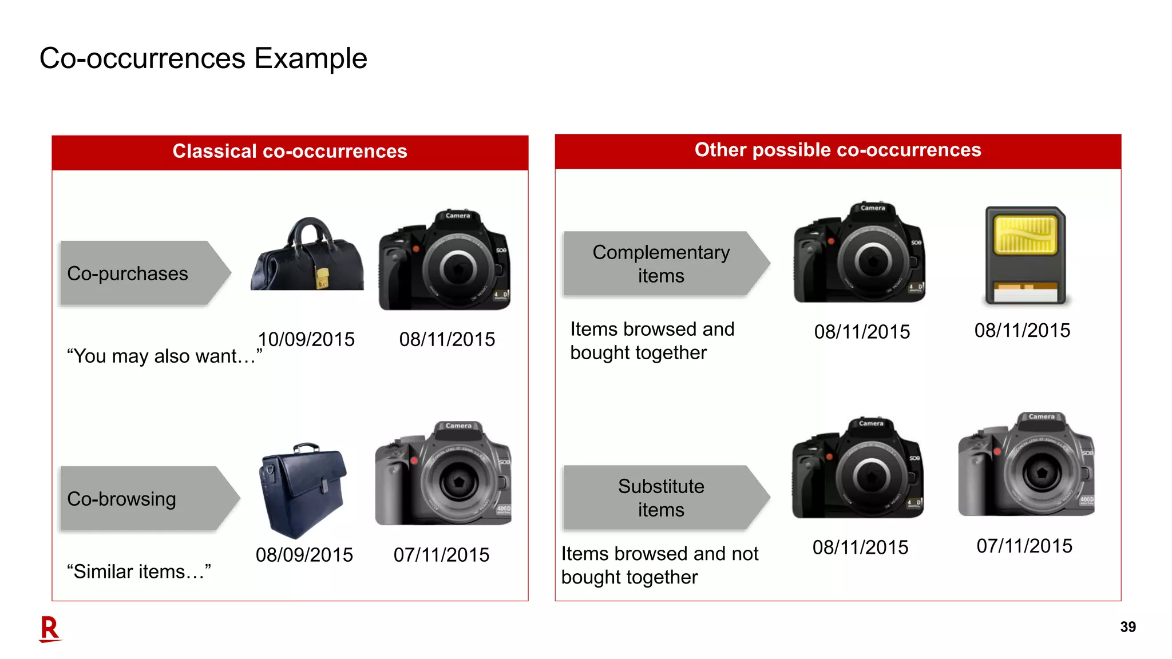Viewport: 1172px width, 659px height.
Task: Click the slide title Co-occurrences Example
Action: (x=203, y=58)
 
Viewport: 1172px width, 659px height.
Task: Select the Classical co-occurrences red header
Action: (x=290, y=152)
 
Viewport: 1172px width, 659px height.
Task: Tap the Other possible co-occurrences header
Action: (x=837, y=150)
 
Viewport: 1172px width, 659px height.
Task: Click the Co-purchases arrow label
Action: (x=137, y=273)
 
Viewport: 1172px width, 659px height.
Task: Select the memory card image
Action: (x=1025, y=256)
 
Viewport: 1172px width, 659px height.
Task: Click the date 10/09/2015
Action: (x=306, y=339)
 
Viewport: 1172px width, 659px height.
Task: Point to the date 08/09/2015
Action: (x=304, y=555)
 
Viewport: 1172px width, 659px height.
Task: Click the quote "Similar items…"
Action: (x=138, y=571)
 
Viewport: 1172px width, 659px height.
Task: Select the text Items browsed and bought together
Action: (x=652, y=341)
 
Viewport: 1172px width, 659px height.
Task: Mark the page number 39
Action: (x=1127, y=627)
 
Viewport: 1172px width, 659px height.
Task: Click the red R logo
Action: (x=50, y=629)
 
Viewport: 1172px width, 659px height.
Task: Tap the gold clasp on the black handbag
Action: (x=323, y=279)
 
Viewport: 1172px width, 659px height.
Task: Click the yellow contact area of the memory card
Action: (x=1025, y=235)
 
